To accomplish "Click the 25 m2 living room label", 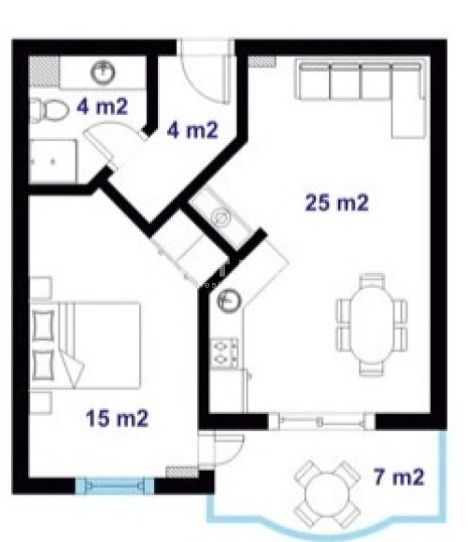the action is click(337, 203).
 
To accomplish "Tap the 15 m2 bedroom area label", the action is click(117, 419).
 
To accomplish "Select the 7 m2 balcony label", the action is click(399, 477).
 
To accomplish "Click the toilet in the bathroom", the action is click(50, 110).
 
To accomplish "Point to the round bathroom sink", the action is click(103, 73).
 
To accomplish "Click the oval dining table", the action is click(372, 325).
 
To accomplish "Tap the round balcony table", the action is click(327, 494).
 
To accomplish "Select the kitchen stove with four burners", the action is click(225, 353).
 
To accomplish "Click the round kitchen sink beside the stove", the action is click(229, 300).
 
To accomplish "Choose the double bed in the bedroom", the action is click(85, 346).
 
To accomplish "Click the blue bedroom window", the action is click(115, 486).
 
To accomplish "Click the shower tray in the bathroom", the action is click(53, 162).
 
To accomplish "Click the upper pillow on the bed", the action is click(43, 325).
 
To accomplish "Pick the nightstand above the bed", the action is click(41, 288).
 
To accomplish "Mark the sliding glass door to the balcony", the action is click(321, 421).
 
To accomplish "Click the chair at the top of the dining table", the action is click(372, 281).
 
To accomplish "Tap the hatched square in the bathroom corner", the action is click(44, 71).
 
